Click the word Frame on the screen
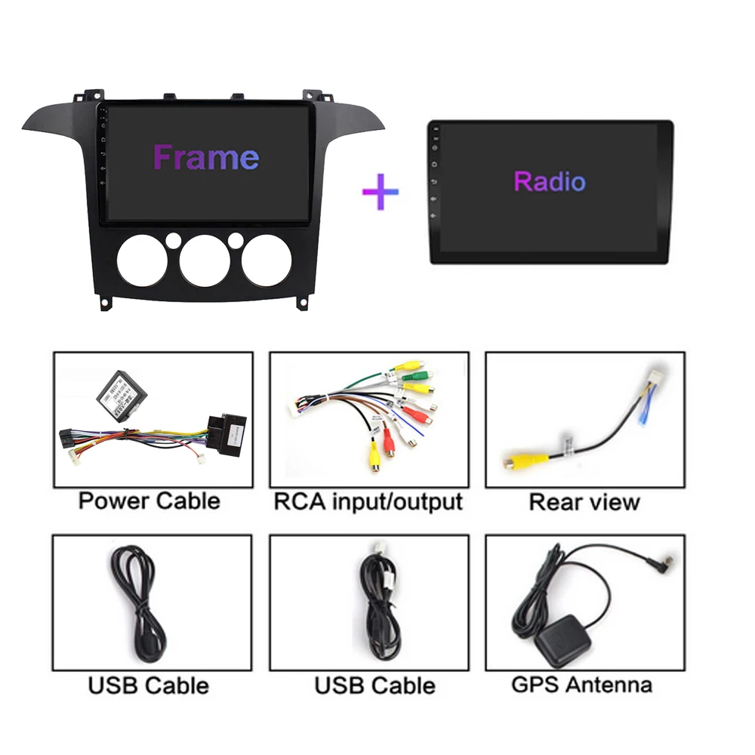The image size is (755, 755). tap(205, 158)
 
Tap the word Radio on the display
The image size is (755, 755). tap(550, 181)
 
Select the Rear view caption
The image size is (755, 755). tap(584, 502)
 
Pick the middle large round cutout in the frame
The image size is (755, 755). tap(205, 261)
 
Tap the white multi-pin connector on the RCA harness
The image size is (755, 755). tap(297, 408)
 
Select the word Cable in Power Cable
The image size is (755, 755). tap(188, 501)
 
